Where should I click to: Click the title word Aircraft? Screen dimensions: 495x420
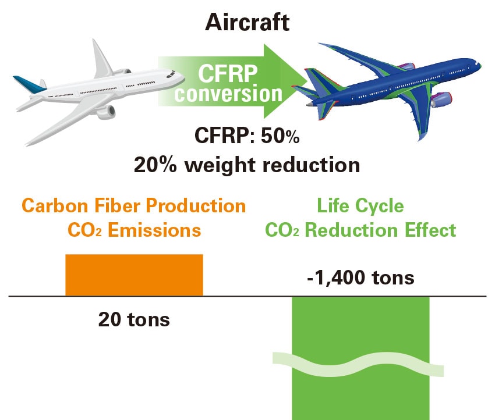coord(247,23)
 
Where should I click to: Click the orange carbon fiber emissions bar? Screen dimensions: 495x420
coord(134,275)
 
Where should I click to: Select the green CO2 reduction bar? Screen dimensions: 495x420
coord(360,358)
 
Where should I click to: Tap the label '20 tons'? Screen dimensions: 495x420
coord(134,320)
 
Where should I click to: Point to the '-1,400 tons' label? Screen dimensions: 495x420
coord(360,278)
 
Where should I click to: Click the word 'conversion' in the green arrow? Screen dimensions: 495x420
coord(228,94)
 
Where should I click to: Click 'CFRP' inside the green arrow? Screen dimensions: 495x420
coord(228,74)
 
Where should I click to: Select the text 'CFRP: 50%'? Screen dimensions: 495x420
coord(247,136)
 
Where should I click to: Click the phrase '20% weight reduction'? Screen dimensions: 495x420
coord(247,165)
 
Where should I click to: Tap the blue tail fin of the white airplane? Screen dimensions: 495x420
coord(29,84)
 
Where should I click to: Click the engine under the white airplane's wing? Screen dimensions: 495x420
coord(106,112)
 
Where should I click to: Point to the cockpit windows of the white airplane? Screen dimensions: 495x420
coord(171,74)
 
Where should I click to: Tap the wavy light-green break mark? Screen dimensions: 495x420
coord(358,365)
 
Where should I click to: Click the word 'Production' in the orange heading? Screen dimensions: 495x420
coord(196,206)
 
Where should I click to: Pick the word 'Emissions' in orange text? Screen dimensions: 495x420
coord(154,230)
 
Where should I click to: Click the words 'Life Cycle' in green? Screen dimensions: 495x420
coord(360,206)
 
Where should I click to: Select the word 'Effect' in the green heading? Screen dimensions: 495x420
coord(430,230)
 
